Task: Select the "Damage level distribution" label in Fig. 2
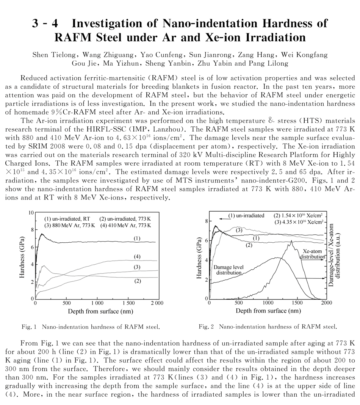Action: pos(229,270)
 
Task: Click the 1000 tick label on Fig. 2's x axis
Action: pos(268,303)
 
